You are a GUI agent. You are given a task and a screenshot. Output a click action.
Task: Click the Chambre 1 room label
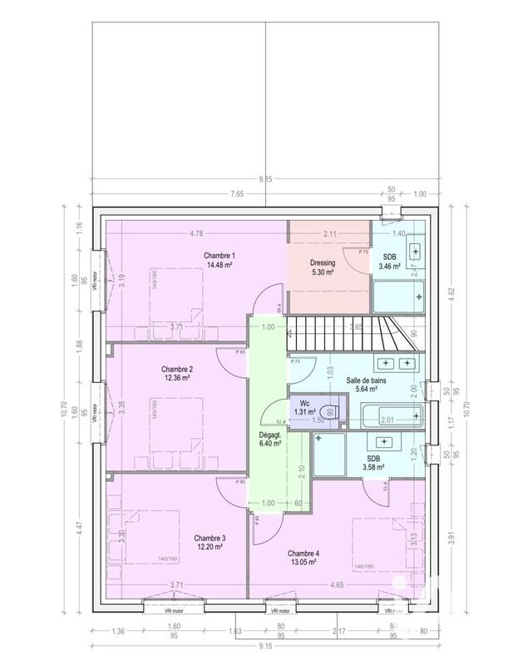[220, 255]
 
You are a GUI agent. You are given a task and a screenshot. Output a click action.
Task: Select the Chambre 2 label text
[177, 369]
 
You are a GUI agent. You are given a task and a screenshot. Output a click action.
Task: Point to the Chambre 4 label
[303, 554]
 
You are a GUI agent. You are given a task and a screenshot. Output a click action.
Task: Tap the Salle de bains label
[367, 378]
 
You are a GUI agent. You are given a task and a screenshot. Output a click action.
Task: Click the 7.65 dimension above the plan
[237, 194]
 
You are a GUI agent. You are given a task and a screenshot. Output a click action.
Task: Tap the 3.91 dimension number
[452, 539]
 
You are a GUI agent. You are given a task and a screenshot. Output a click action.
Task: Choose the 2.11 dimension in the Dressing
[329, 234]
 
